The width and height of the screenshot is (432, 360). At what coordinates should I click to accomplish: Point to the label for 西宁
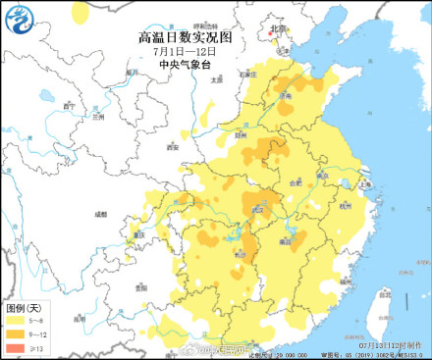coord(69,105)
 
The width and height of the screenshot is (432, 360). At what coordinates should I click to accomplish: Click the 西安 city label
coord(174,147)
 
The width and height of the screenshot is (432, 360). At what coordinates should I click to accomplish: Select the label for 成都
coord(99,213)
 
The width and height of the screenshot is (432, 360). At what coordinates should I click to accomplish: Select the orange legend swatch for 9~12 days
coord(17,334)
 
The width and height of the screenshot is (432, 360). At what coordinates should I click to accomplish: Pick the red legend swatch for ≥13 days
coord(17,347)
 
